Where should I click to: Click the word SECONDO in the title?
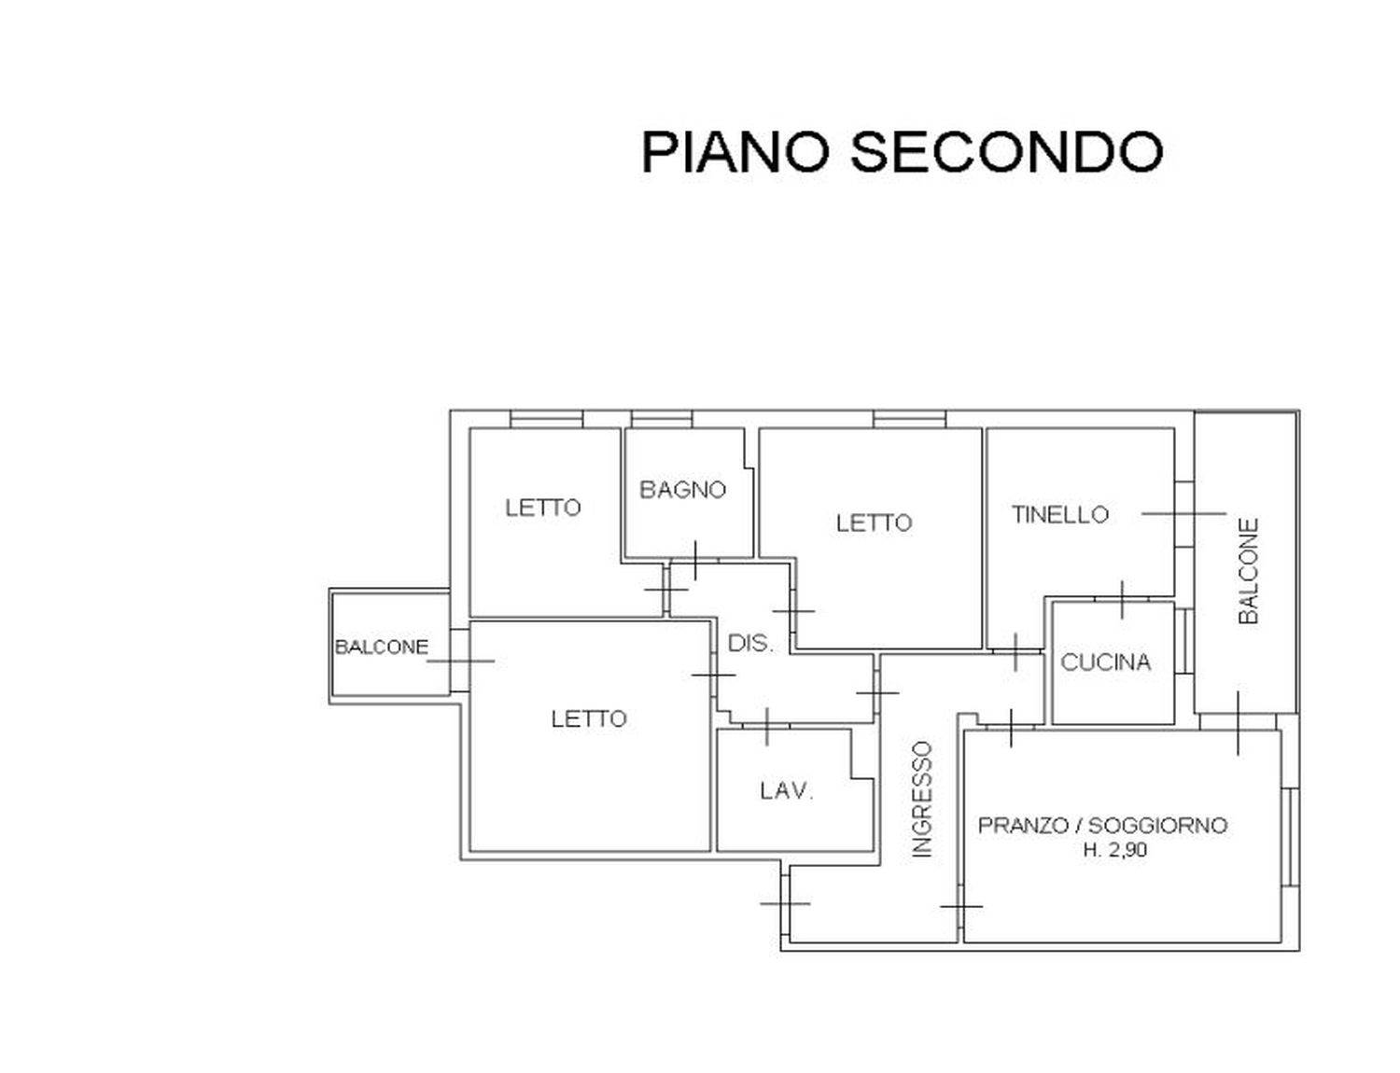pyautogui.click(x=1006, y=153)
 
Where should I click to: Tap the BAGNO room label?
pyautogui.click(x=683, y=490)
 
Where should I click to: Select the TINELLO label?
pyautogui.click(x=1060, y=515)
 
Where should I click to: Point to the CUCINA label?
pyautogui.click(x=1106, y=662)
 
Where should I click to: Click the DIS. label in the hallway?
pyautogui.click(x=750, y=643)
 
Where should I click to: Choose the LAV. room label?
pyautogui.click(x=787, y=791)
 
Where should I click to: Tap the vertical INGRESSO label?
pyautogui.click(x=922, y=800)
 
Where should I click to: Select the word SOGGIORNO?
pyautogui.click(x=1158, y=826)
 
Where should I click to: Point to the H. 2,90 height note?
pyautogui.click(x=1115, y=850)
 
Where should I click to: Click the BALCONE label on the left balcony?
pyautogui.click(x=382, y=647)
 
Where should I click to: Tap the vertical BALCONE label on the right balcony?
pyautogui.click(x=1249, y=571)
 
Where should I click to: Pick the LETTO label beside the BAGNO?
pyautogui.click(x=542, y=509)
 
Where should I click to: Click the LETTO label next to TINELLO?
pyautogui.click(x=874, y=523)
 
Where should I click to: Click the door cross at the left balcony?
pyautogui.click(x=461, y=661)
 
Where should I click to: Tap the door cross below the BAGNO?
pyautogui.click(x=695, y=560)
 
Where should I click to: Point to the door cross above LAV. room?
pyautogui.click(x=766, y=727)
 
